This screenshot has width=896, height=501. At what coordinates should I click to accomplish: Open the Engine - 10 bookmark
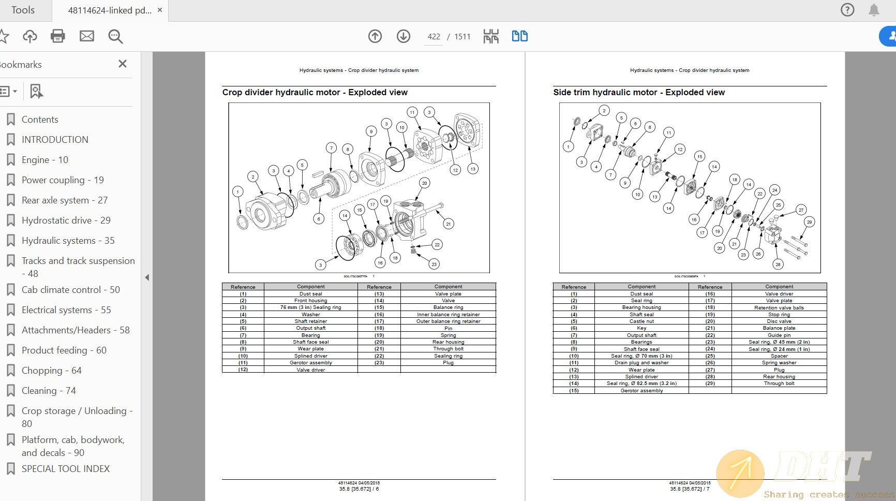click(45, 160)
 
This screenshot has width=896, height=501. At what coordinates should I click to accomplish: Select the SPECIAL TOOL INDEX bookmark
click(65, 469)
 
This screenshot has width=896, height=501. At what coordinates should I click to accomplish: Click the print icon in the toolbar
click(58, 36)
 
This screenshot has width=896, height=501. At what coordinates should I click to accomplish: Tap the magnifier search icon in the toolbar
click(115, 36)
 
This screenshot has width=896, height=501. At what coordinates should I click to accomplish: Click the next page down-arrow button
click(404, 36)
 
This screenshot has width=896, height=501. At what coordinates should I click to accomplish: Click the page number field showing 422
click(434, 37)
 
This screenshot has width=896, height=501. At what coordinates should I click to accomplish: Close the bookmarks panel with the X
click(123, 64)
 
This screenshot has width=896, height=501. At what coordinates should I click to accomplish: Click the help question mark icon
click(847, 10)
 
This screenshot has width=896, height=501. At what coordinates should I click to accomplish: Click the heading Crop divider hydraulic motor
click(315, 92)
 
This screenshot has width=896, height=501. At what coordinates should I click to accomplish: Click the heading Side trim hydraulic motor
click(638, 92)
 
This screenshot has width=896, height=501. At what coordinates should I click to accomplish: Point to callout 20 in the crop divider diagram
click(425, 183)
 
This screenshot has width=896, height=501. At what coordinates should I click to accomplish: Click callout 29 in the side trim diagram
click(810, 222)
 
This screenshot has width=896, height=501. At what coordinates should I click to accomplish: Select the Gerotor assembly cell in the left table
click(310, 363)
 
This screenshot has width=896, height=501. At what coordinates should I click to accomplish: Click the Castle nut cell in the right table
click(641, 321)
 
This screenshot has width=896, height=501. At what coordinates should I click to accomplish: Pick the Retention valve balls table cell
click(779, 307)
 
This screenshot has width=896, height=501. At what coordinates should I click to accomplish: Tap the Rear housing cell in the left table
click(448, 342)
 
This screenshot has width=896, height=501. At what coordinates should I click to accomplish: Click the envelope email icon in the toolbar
click(87, 36)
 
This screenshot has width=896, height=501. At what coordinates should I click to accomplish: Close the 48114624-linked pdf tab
click(160, 10)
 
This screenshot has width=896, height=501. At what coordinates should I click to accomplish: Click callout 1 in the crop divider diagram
click(238, 191)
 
